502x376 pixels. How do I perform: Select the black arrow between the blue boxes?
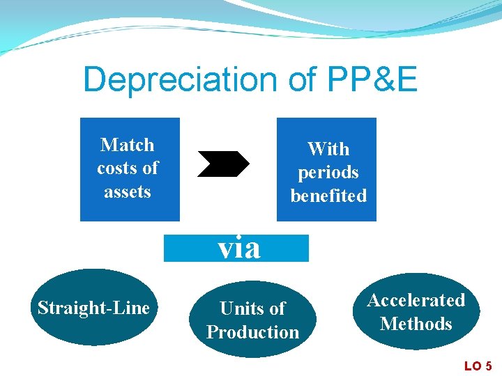tap(223, 164)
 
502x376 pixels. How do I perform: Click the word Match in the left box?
tap(128, 145)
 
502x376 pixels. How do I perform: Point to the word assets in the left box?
tap(128, 191)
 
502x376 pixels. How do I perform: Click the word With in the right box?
tap(328, 149)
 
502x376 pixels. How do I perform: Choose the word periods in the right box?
tap(328, 173)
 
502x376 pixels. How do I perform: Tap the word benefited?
tap(328, 196)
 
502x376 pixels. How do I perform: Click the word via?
tap(238, 248)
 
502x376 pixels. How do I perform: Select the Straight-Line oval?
tap(93, 308)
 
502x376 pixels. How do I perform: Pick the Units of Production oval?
tap(252, 320)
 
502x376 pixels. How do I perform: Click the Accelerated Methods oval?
tap(416, 312)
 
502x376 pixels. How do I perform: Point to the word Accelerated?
tap(416, 300)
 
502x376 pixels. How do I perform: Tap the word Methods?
tap(416, 324)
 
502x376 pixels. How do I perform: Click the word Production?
tap(252, 332)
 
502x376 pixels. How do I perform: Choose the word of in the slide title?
tap(301, 80)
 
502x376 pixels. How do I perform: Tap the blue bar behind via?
tap(286, 248)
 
